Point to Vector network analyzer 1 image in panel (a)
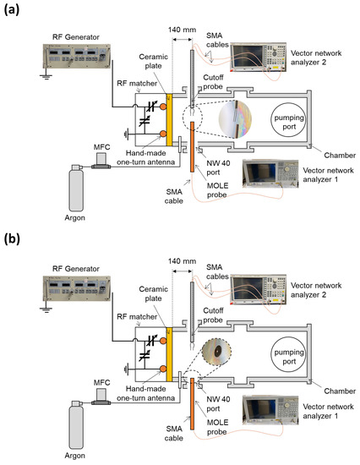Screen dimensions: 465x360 pyautogui.click(x=269, y=178)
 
